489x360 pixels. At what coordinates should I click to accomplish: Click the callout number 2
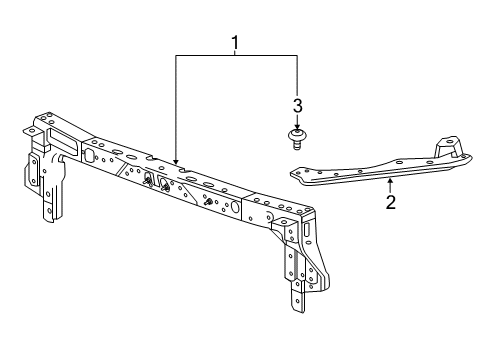tap(391, 202)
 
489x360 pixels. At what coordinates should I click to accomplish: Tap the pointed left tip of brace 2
tap(291, 172)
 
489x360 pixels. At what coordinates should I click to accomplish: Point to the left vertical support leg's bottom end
tap(47, 221)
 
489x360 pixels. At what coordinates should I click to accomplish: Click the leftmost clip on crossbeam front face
tap(146, 180)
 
